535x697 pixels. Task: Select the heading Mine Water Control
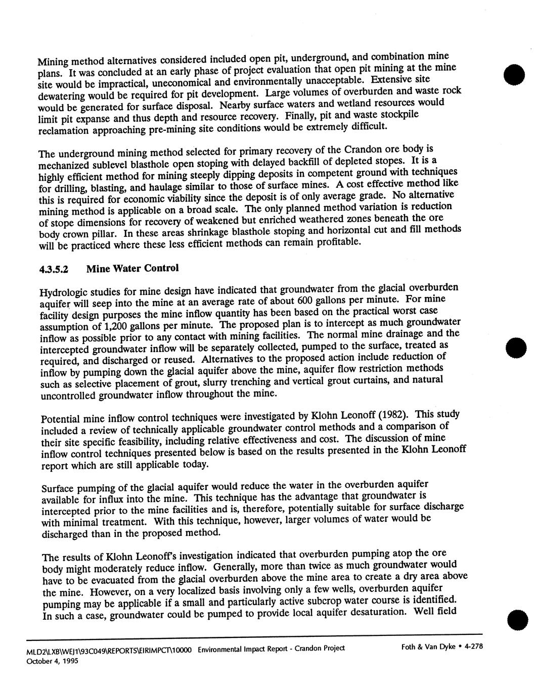132,268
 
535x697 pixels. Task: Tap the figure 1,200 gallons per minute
126,326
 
